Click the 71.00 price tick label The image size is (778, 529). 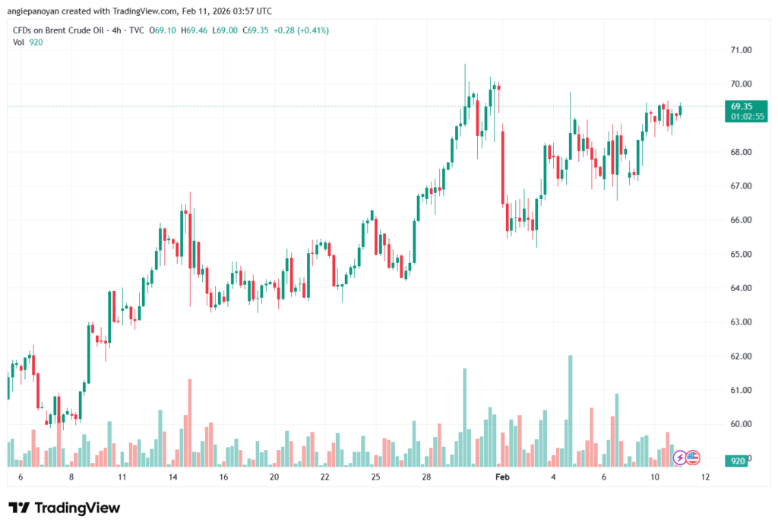coord(741,50)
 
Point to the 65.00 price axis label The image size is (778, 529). coord(741,254)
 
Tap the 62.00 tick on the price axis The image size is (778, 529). coord(741,356)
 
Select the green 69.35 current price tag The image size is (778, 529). coord(742,106)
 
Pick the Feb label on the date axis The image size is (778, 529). coord(501,477)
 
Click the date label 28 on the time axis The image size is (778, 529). coord(427,477)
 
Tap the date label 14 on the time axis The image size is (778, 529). coord(173,477)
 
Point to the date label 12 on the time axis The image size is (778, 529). coord(706,477)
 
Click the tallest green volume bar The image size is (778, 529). coord(570,410)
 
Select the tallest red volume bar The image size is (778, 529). coord(189,422)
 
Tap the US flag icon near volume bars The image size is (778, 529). coord(693,458)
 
